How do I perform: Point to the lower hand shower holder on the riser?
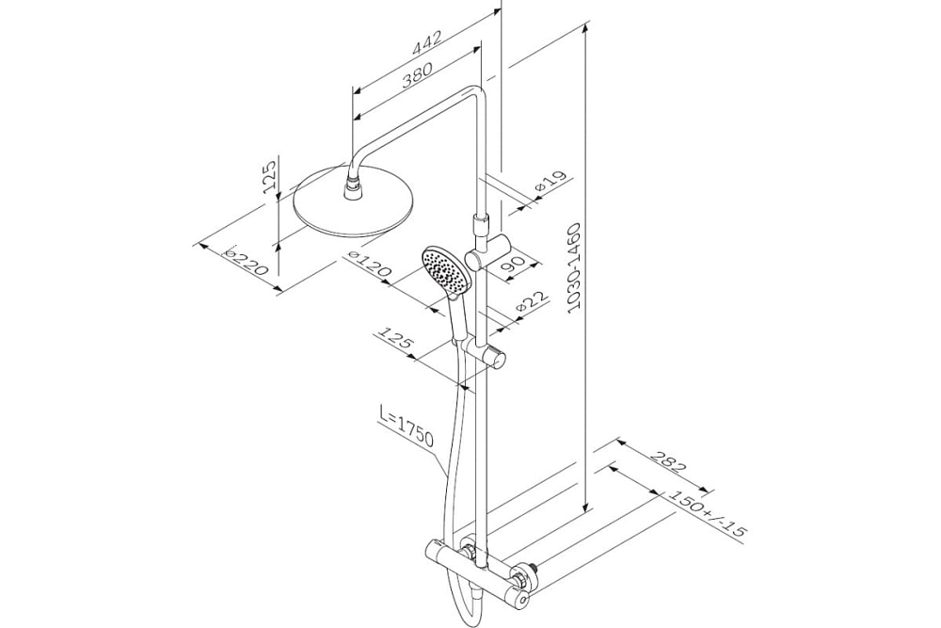[495, 360]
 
